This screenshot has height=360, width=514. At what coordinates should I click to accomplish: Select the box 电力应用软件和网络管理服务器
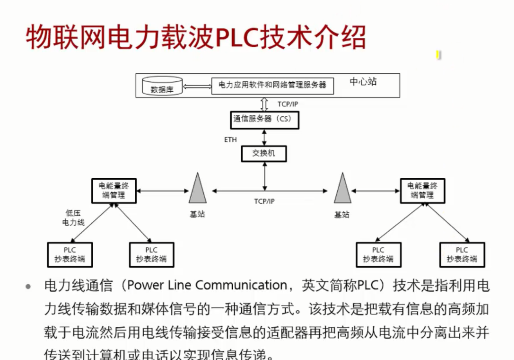(x=272, y=85)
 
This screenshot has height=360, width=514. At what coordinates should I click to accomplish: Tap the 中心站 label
(x=363, y=82)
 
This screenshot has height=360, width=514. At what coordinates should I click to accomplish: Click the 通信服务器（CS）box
(x=264, y=119)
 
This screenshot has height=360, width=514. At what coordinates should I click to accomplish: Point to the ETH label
(x=230, y=139)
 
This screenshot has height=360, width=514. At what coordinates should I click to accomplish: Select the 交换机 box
(x=263, y=153)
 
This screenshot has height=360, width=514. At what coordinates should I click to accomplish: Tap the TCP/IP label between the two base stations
(x=264, y=201)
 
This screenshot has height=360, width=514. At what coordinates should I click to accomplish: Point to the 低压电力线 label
(x=73, y=218)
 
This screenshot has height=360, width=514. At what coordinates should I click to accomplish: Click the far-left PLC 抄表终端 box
(x=70, y=254)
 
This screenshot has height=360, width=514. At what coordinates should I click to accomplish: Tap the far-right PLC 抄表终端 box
(x=462, y=254)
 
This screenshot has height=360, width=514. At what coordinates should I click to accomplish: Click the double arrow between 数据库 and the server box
(x=197, y=87)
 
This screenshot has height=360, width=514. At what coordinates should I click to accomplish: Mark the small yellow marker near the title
(x=438, y=55)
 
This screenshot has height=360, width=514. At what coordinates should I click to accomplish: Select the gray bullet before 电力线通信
(x=28, y=287)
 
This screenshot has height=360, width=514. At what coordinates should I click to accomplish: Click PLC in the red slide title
(x=234, y=38)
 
